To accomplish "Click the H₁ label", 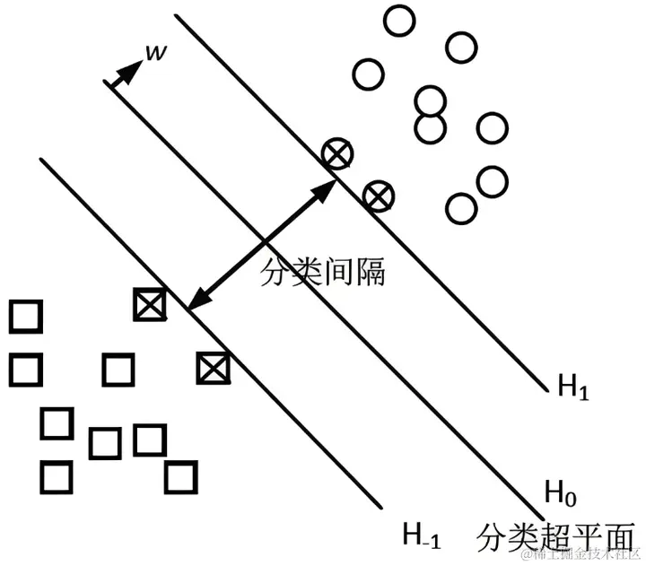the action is (x=573, y=387).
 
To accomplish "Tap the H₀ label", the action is (x=562, y=491).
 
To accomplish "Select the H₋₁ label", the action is (x=421, y=536).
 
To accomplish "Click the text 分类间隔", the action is (x=323, y=271).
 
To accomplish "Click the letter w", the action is (x=154, y=54).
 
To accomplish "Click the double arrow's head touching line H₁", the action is (x=327, y=187).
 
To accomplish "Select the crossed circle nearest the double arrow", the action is (x=336, y=153).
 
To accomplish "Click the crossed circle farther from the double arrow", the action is (x=379, y=195).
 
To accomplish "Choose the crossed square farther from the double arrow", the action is (x=214, y=367).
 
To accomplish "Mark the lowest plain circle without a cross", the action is (x=460, y=208).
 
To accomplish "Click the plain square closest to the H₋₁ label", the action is (x=180, y=475).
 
